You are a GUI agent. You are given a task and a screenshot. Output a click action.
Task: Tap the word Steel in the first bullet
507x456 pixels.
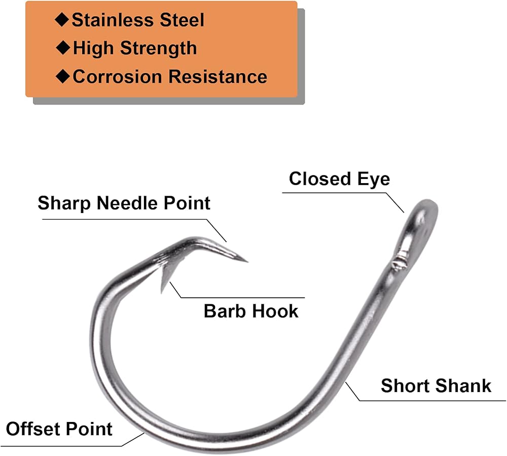[183, 20]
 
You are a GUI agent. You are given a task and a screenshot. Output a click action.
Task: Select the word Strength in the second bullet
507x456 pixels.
[158, 49]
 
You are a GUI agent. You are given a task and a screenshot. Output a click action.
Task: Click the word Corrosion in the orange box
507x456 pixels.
[117, 77]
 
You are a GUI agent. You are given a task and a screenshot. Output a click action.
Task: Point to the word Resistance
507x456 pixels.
[218, 77]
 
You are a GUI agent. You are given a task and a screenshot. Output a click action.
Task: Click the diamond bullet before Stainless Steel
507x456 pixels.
[62, 20]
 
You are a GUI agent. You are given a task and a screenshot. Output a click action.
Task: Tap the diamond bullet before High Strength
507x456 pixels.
[63, 48]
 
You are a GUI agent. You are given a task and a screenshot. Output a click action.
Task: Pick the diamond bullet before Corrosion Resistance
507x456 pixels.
[63, 77]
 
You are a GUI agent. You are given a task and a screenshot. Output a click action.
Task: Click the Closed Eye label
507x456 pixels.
[339, 179]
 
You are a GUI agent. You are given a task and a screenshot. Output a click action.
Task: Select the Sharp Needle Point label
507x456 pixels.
[124, 203]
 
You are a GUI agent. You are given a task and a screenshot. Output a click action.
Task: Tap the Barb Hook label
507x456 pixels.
[251, 311]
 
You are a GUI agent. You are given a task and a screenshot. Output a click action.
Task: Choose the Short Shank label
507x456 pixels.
[436, 386]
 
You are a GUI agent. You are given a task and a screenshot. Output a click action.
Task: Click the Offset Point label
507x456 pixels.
[59, 429]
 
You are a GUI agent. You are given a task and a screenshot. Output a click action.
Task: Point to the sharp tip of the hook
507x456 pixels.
[247, 262]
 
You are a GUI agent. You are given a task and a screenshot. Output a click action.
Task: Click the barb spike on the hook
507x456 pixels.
[165, 278]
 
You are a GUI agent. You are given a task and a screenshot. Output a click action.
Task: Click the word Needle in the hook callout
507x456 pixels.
[128, 203]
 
